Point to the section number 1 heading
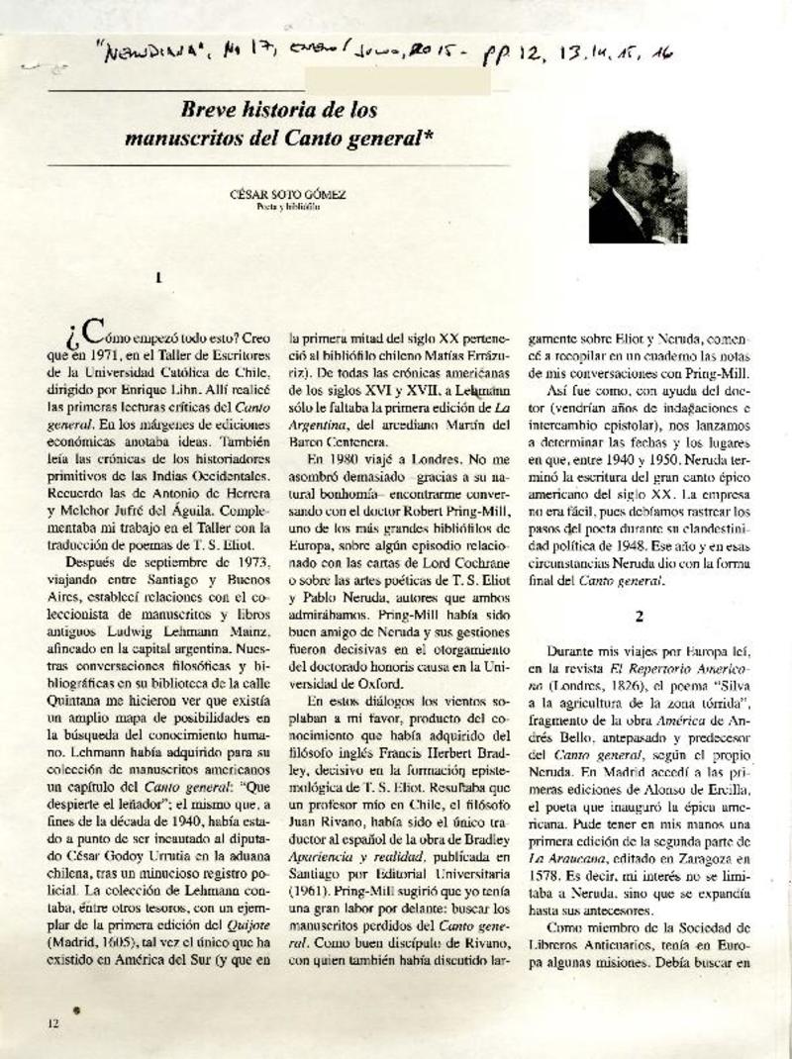[158, 279]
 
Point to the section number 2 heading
[641, 615]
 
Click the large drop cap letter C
[90, 331]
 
